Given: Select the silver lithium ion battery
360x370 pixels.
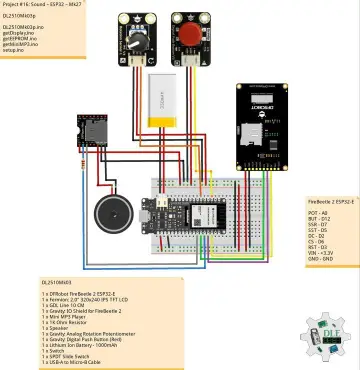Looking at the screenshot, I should (x=162, y=101).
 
